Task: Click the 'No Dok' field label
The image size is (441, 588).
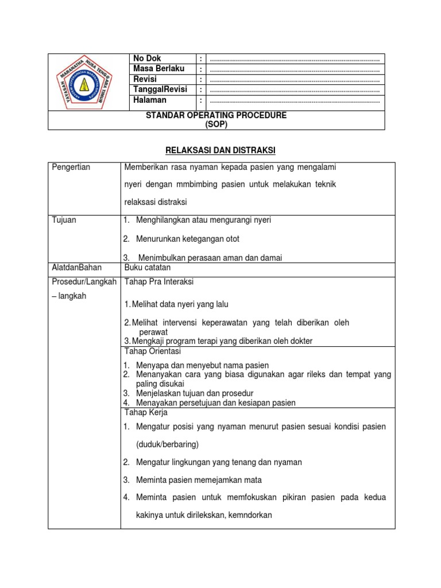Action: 147,59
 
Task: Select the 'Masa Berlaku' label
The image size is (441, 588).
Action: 158,68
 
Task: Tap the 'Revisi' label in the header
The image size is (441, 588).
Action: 145,79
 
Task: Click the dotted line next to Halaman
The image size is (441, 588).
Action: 295,101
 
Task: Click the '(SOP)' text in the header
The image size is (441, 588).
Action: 216,124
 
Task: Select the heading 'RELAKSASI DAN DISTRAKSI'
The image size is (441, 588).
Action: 220,150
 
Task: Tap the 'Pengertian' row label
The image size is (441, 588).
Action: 71,167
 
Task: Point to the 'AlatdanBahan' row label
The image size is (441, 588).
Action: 76,268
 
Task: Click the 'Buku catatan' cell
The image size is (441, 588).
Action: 147,268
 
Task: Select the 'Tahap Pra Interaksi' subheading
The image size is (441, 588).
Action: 158,282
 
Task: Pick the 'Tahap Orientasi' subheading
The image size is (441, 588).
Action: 153,351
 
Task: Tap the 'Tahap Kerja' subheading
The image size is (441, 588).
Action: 146,413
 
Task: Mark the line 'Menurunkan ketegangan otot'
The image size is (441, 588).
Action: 187,239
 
